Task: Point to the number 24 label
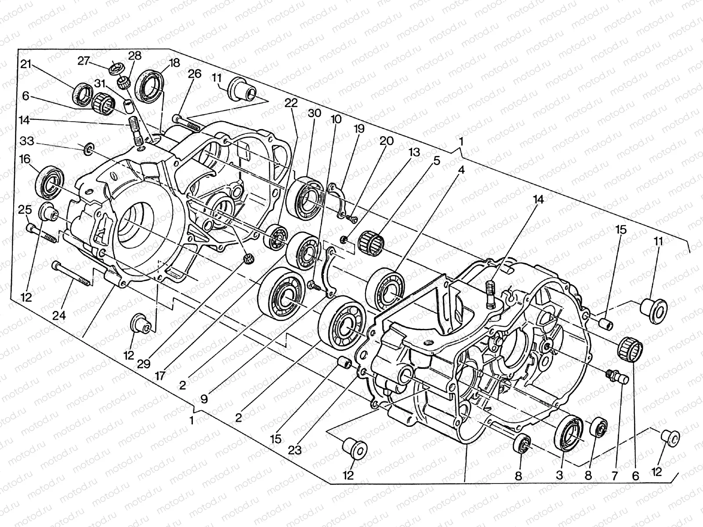point(60,315)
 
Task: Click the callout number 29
point(144,364)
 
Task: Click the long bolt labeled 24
point(72,274)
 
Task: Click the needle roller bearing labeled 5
point(371,241)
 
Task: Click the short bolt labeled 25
point(40,234)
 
